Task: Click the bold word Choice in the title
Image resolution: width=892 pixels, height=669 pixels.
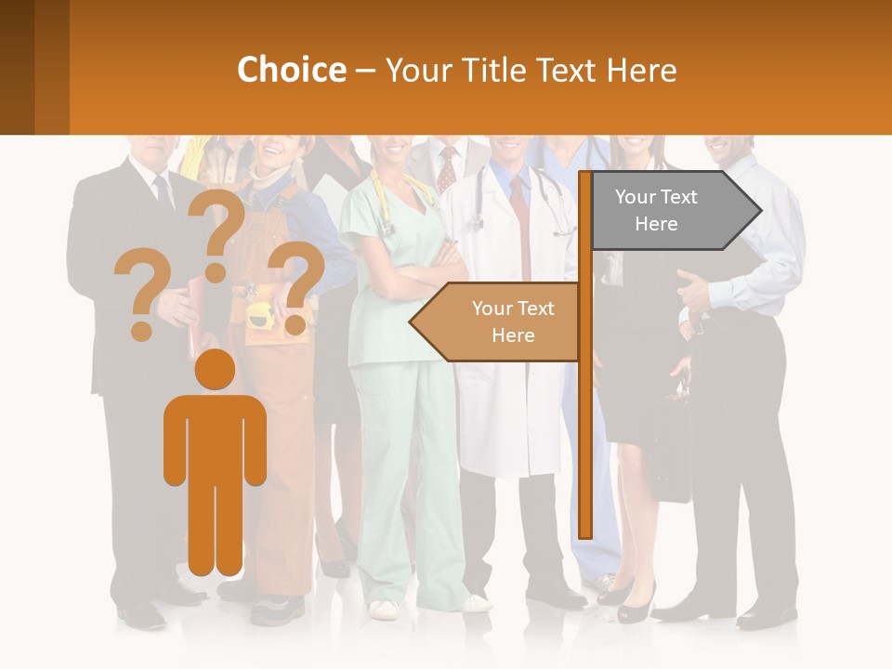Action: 291,70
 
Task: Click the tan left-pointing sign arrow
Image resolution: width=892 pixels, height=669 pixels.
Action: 497,321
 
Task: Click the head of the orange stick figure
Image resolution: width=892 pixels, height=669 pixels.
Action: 215,369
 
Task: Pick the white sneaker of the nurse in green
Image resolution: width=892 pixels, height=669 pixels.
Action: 384,610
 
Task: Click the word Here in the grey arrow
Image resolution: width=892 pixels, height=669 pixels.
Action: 656,224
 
